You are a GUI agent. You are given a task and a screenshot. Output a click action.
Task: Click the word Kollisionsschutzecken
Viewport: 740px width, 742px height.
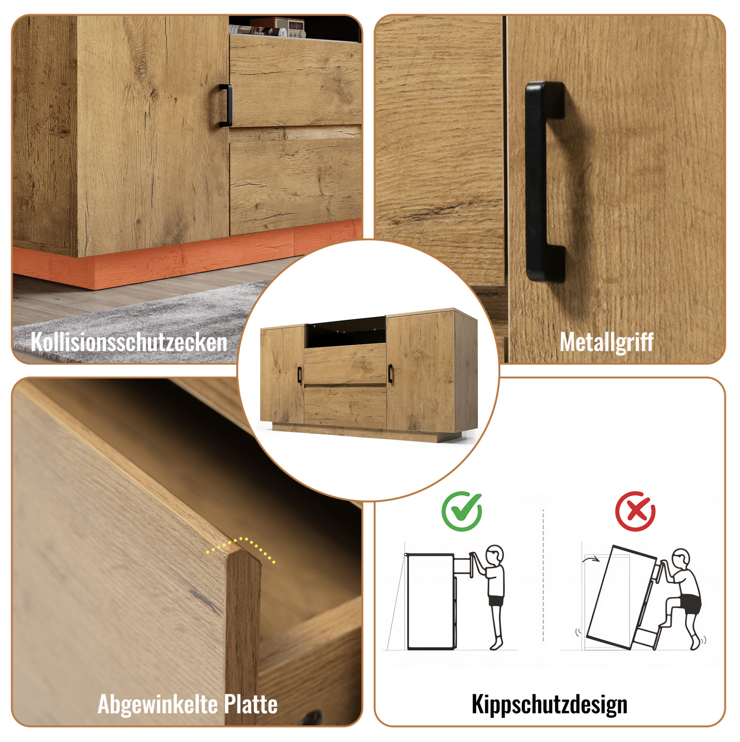[x=129, y=341]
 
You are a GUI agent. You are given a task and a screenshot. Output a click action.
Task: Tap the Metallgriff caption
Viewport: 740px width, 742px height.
[x=606, y=341]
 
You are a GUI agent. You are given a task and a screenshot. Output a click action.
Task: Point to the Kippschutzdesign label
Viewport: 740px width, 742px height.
[x=549, y=705]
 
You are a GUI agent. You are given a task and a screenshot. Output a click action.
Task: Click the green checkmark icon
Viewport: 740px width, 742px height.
[x=462, y=511]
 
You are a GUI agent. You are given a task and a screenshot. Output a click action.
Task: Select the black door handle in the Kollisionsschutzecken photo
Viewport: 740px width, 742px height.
[x=225, y=105]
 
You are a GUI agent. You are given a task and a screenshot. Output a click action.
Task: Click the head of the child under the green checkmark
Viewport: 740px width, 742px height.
[x=495, y=555]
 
